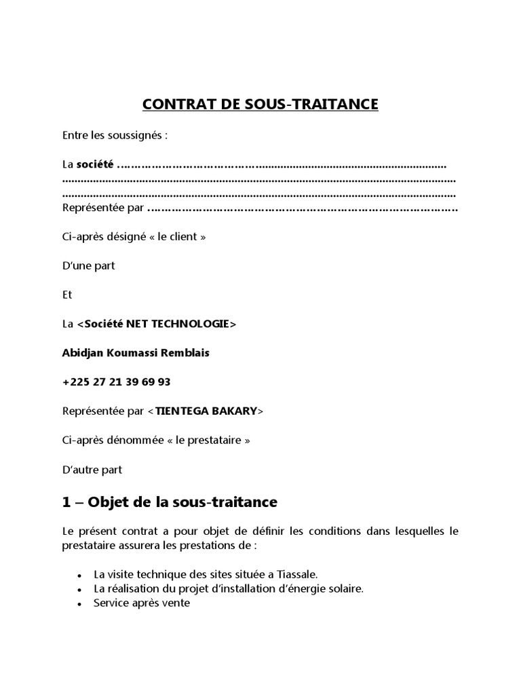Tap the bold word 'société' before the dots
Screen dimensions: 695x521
[95, 165]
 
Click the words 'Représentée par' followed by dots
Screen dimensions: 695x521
[102, 208]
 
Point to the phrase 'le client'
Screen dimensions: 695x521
[181, 237]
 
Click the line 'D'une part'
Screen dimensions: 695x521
[88, 265]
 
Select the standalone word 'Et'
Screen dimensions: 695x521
[66, 295]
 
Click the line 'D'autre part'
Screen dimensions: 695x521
[92, 469]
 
